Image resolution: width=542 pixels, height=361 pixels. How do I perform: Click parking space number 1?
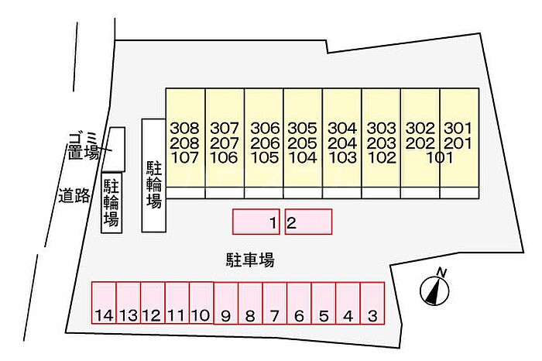(256, 222)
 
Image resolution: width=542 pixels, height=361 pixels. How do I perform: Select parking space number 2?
(308, 222)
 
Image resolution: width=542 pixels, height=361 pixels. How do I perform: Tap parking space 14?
(104, 303)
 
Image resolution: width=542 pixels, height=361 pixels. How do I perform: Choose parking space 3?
(372, 303)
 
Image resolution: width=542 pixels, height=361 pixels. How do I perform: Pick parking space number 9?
(226, 303)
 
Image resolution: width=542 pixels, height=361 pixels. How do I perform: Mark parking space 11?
(177, 303)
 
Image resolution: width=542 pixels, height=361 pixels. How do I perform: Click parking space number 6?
(299, 303)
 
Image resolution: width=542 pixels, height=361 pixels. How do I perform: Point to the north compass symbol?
(434, 291)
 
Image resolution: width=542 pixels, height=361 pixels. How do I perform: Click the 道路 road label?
(74, 196)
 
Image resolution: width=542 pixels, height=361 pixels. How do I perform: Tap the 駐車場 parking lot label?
(250, 260)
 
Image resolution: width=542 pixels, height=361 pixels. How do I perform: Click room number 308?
(185, 129)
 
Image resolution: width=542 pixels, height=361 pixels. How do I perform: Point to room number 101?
(439, 158)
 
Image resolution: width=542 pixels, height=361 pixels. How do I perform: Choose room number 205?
(303, 143)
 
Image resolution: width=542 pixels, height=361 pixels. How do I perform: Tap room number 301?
(458, 129)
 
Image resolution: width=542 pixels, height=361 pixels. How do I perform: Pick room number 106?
(224, 158)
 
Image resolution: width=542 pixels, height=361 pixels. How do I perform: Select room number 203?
(381, 143)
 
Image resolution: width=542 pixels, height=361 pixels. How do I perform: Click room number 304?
(342, 129)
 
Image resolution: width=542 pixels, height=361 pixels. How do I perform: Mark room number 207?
(225, 143)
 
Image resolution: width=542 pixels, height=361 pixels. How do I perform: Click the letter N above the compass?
(441, 272)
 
